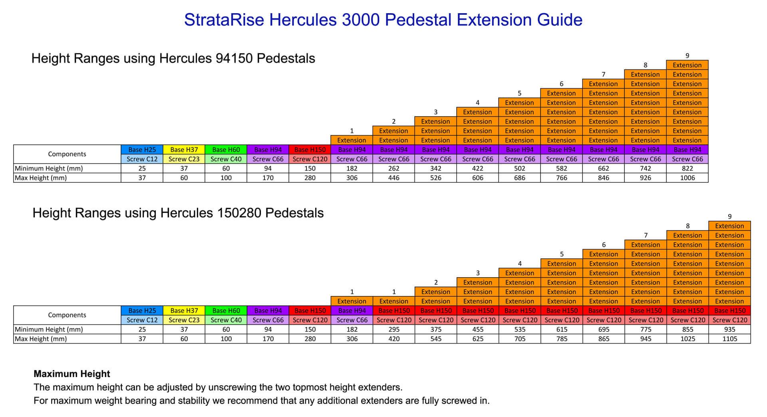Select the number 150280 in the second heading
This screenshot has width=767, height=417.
239,213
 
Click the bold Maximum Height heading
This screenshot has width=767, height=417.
72,374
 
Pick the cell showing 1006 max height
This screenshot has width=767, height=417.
687,178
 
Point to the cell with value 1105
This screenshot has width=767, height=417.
729,339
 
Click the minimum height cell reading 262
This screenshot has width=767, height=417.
393,169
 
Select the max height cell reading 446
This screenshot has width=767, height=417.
393,178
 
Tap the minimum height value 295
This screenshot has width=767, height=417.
394,330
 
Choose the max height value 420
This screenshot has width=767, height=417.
394,339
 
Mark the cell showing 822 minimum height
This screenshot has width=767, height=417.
687,169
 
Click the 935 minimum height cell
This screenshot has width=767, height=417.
729,330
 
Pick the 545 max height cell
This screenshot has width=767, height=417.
436,339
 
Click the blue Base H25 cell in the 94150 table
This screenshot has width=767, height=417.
142,150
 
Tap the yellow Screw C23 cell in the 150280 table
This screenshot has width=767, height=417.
184,320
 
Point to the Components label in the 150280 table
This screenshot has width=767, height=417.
67,315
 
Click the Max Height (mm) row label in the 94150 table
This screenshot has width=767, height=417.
41,178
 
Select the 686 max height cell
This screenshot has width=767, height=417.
519,178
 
